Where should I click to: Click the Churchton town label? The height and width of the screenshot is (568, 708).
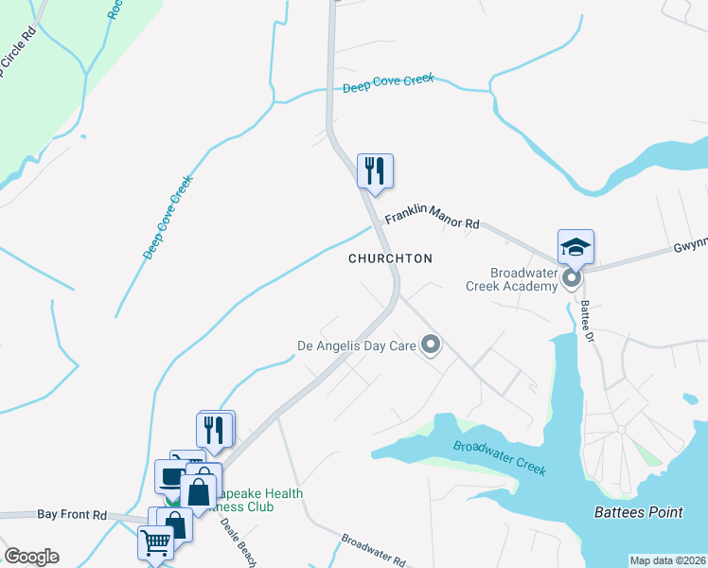[x=390, y=258]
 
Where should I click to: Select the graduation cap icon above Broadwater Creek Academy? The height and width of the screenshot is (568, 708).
[x=575, y=247]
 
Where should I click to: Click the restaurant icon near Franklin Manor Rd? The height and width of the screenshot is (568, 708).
[x=375, y=171]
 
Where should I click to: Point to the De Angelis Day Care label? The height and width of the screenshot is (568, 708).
[x=357, y=346]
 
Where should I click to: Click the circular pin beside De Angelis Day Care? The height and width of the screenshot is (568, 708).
[x=431, y=345]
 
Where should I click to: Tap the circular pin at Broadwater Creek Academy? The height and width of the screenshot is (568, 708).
[x=571, y=278]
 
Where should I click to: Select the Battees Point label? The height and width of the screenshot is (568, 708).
[x=638, y=512]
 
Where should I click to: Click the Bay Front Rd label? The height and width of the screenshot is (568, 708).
[x=72, y=514]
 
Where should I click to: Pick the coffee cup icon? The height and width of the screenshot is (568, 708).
[x=171, y=476]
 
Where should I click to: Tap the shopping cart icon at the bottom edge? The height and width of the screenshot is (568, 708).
[x=154, y=543]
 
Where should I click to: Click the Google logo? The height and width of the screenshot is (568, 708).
[x=31, y=557]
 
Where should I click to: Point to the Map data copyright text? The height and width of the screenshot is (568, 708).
[x=667, y=560]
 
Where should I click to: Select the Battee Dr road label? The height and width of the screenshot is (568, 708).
[x=587, y=322]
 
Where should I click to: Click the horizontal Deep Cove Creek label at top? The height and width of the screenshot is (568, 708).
[x=388, y=83]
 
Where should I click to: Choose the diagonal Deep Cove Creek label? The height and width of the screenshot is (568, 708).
[x=168, y=217]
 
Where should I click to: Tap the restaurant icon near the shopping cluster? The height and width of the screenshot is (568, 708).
[x=216, y=429]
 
